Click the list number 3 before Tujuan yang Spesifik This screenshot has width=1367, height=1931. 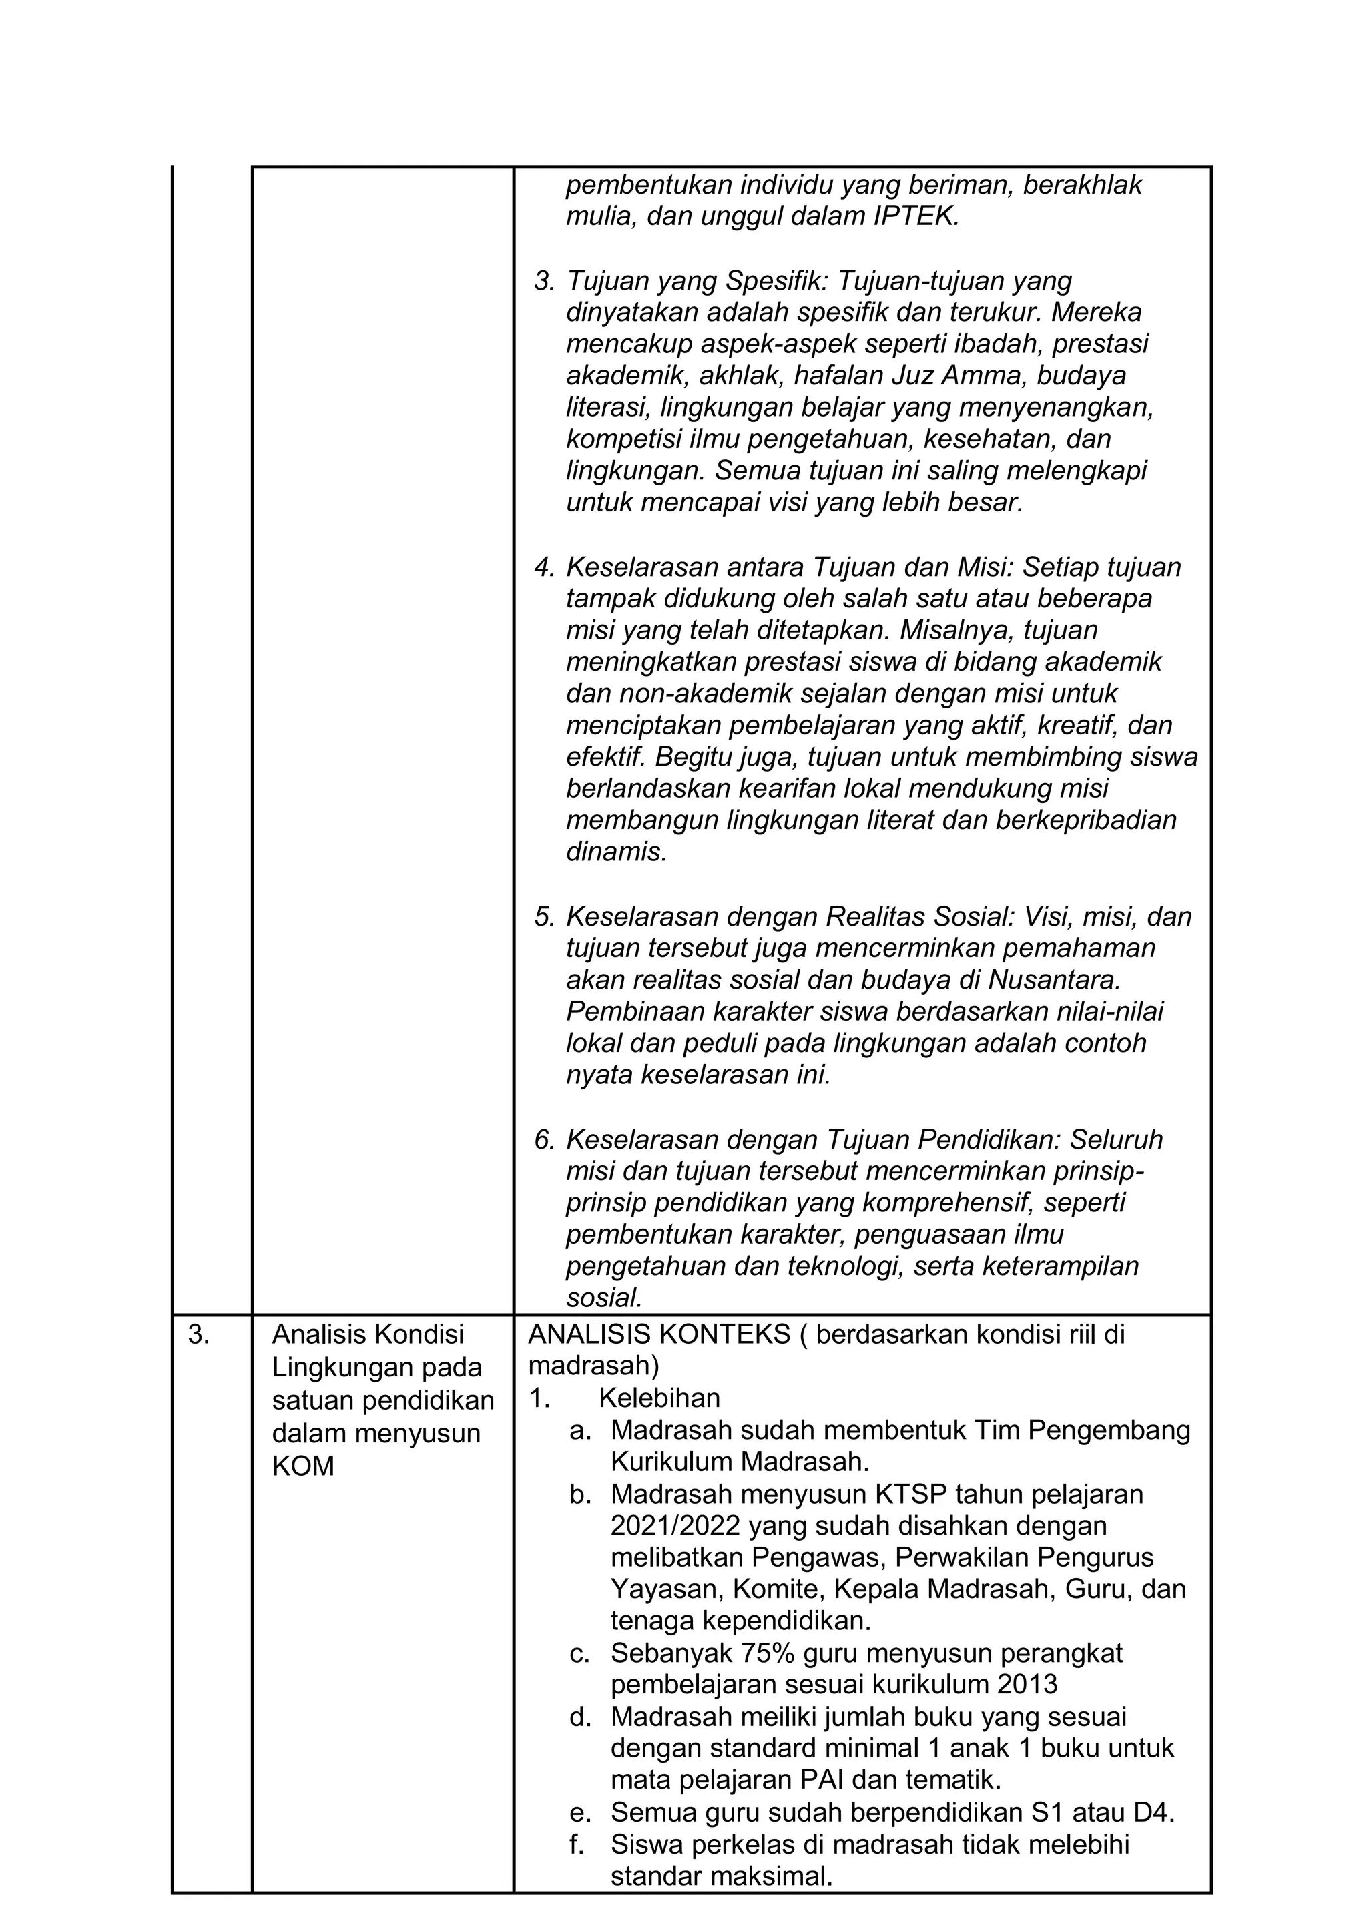(x=543, y=280)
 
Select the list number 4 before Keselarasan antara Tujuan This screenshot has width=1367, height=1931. (x=543, y=567)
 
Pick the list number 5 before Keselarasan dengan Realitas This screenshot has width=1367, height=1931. (x=543, y=916)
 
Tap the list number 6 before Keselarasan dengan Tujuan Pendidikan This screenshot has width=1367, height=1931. (x=543, y=1140)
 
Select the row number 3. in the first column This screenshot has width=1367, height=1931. (x=199, y=1335)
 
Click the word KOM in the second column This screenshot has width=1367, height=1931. (x=303, y=1466)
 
